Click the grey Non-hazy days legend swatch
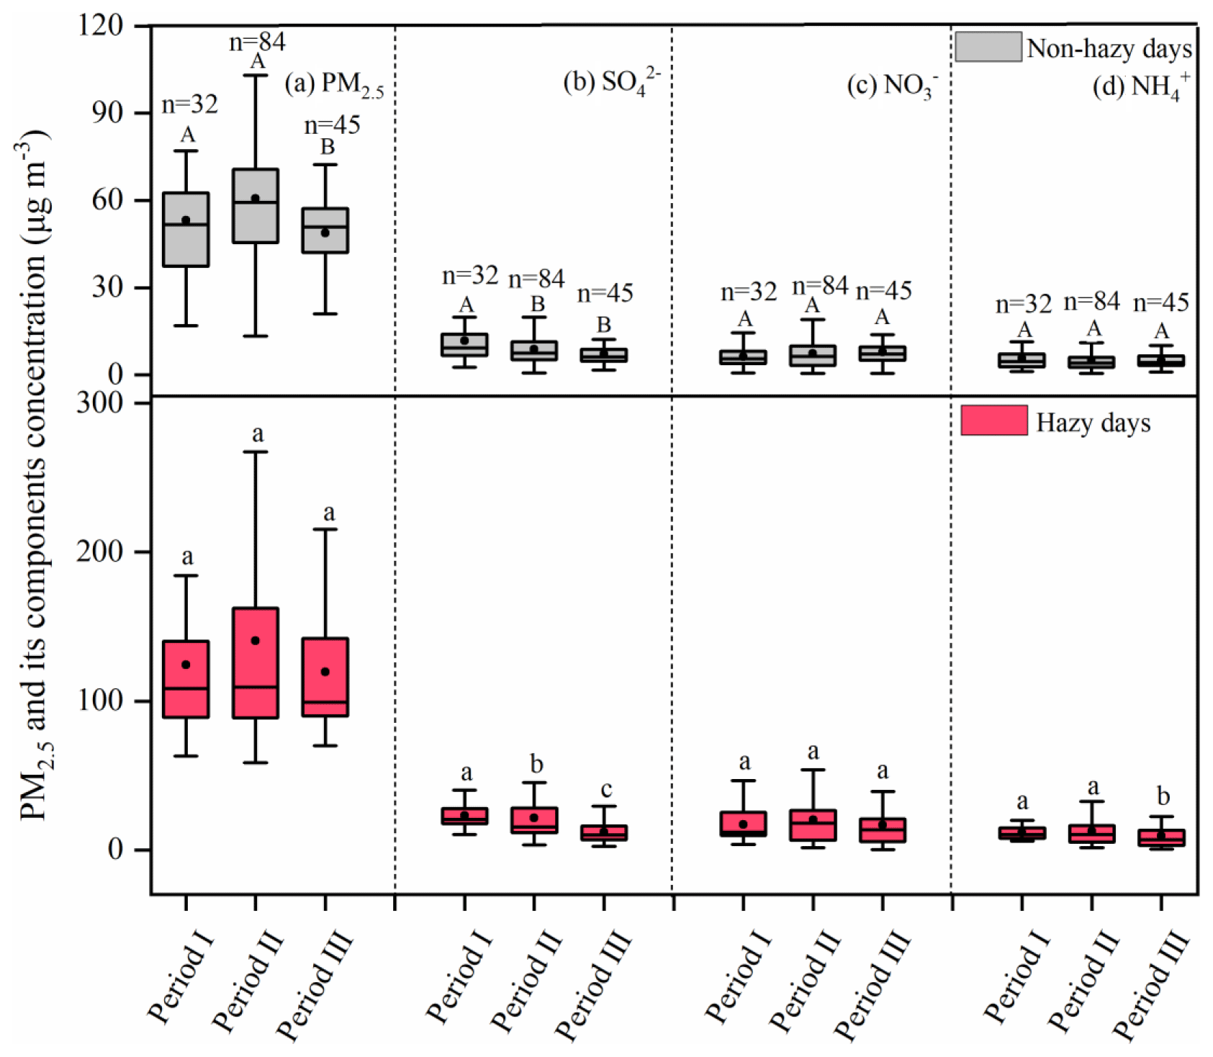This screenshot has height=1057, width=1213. (988, 47)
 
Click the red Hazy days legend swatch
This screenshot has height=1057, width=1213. (993, 420)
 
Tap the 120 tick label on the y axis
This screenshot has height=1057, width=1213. (101, 25)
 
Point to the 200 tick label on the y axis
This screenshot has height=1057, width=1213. (101, 552)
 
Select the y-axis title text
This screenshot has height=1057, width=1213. (33, 475)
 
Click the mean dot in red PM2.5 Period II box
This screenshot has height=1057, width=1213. (256, 640)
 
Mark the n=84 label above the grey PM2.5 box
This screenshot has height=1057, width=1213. (258, 42)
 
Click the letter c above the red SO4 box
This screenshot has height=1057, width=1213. (605, 789)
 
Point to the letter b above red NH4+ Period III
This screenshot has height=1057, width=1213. (1163, 796)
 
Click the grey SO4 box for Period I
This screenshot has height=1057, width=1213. (465, 346)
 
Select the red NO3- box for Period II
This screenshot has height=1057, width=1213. (813, 824)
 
